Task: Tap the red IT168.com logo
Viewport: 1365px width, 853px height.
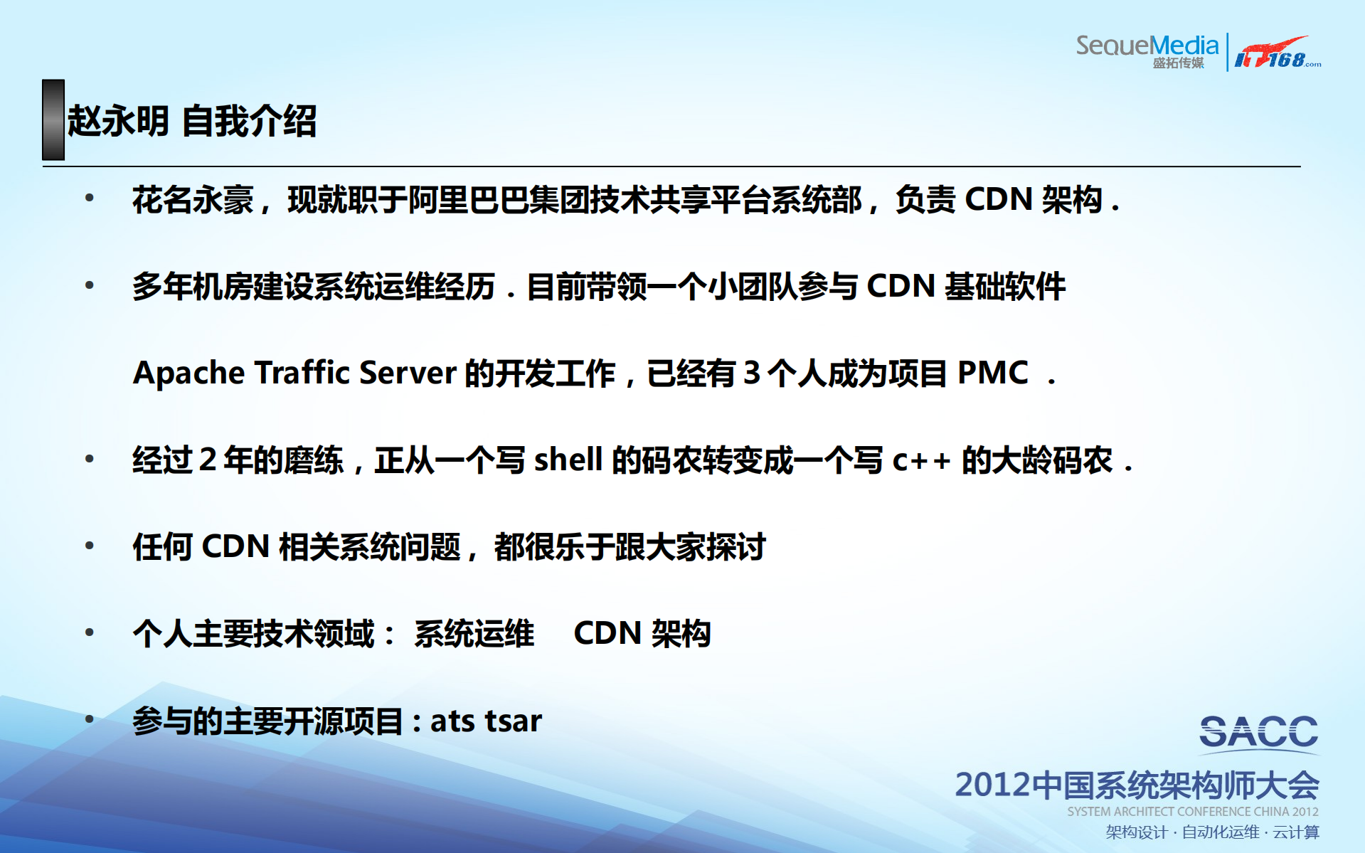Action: click(1277, 53)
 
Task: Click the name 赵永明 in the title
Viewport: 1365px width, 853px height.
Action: click(118, 121)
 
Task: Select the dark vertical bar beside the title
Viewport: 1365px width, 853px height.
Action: click(53, 120)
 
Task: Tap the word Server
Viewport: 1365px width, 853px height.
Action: click(408, 373)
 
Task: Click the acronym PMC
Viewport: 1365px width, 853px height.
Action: click(992, 373)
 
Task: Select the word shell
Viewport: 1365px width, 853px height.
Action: click(568, 460)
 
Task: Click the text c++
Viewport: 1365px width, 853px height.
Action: click(921, 460)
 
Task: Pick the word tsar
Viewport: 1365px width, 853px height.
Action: click(513, 721)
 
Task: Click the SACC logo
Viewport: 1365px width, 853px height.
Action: click(1258, 733)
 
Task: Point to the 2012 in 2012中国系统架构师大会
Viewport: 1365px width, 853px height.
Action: click(992, 785)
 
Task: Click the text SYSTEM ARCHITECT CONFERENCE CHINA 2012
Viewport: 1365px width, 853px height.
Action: click(1192, 812)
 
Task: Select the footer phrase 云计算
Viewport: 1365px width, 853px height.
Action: click(1296, 832)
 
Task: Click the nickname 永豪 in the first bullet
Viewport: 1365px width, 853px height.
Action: click(223, 200)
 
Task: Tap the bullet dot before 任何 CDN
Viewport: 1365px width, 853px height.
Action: click(90, 546)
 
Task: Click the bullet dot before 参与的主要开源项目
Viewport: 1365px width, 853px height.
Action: click(90, 719)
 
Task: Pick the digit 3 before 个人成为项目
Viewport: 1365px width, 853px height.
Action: click(751, 373)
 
